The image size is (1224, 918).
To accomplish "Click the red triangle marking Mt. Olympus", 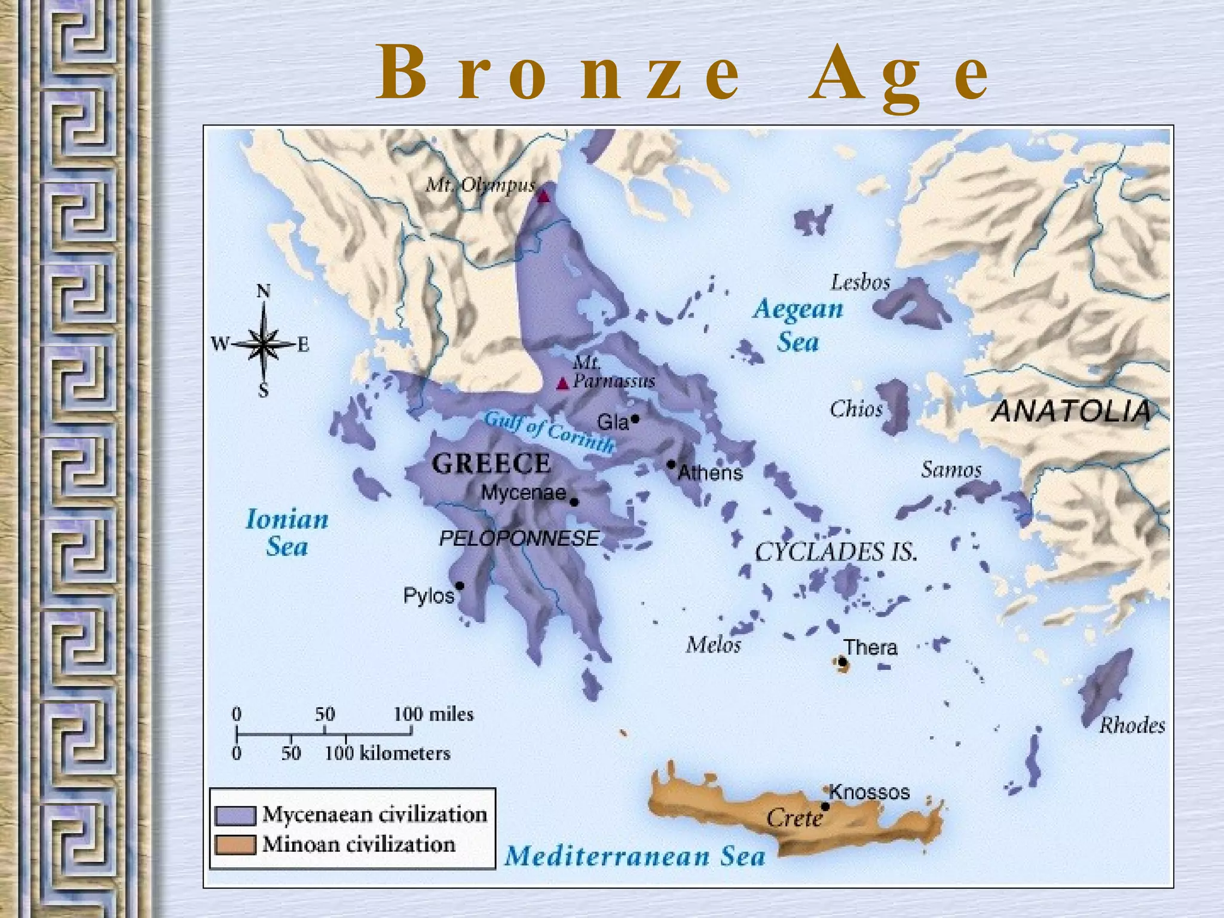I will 543,196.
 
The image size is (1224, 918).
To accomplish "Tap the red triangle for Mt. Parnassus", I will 562,384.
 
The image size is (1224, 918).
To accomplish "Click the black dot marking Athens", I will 671,464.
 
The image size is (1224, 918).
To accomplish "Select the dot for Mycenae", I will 574,502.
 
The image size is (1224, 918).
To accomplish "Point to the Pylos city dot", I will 460,586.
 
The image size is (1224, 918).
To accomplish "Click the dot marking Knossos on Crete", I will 825,806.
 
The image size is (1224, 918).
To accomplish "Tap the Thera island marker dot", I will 843,662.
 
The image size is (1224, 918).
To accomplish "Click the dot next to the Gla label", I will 635,419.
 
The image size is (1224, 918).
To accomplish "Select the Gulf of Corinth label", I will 549,432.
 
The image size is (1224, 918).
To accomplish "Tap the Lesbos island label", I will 860,282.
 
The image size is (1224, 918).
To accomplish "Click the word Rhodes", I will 1132,726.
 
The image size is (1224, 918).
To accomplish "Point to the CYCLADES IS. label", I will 836,552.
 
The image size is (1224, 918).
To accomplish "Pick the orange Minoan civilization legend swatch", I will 235,844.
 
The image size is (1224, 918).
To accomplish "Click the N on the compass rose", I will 263,291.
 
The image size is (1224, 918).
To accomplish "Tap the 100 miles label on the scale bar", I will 433,714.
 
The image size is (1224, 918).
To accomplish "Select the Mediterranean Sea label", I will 635,856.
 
